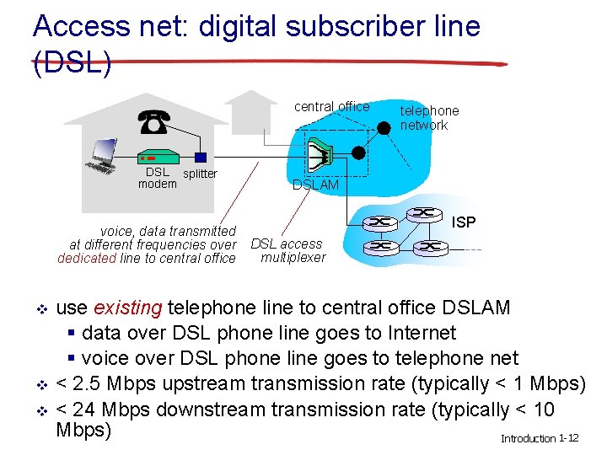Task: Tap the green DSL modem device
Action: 157,157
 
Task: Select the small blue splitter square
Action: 200,157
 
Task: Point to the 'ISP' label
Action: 464,222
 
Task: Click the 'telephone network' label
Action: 429,118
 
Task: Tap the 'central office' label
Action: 331,106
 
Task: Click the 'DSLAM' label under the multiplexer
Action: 315,185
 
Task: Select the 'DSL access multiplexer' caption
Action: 287,250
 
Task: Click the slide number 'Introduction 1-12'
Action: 540,439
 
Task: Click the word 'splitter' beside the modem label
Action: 201,174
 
